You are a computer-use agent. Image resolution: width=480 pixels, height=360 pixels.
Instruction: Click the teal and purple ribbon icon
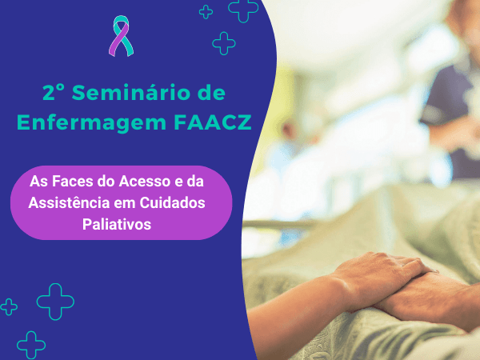(x=122, y=36)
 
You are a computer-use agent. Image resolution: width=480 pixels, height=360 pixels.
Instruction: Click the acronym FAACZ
(x=213, y=122)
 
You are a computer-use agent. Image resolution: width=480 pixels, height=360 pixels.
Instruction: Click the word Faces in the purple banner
(x=73, y=181)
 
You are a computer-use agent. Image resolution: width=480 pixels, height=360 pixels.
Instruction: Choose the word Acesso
(x=145, y=181)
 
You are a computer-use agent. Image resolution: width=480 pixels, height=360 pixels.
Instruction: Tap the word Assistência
(x=69, y=202)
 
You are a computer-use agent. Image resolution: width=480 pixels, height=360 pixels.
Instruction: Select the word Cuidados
(x=172, y=202)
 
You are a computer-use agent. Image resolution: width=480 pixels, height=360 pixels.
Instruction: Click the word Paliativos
(x=117, y=224)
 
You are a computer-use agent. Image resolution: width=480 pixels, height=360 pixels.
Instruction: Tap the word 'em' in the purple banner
(x=125, y=203)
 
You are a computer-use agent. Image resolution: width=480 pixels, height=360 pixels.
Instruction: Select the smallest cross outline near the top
(x=206, y=12)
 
